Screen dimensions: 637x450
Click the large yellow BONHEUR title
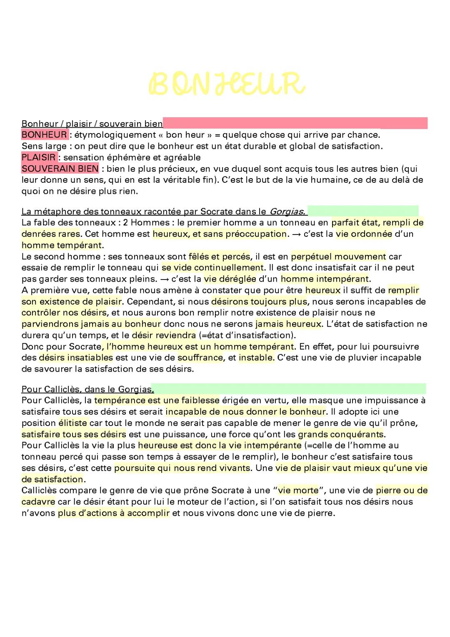tap(226, 83)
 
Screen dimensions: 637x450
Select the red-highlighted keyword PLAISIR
tap(39, 157)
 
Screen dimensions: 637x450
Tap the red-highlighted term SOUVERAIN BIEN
tap(60, 169)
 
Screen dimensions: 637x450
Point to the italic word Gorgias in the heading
tap(287, 211)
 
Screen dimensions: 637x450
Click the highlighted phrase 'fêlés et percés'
tap(219, 257)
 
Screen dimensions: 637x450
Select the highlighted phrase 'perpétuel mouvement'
tap(338, 257)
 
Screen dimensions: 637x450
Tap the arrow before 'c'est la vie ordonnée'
tap(296, 234)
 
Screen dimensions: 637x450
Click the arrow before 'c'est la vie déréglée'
tap(164, 279)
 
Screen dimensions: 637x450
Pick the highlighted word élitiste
tap(73, 423)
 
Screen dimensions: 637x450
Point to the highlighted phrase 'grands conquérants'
tap(340, 434)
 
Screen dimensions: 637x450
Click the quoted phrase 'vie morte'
tap(298, 491)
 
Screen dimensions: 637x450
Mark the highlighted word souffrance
tap(200, 358)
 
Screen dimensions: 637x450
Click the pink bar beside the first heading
tap(295, 123)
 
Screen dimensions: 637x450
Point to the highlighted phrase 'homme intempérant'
tap(325, 279)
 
